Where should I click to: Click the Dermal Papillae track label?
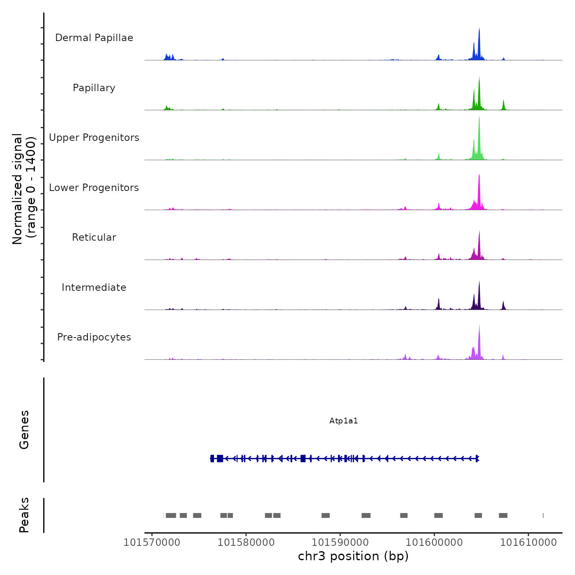[x=94, y=38]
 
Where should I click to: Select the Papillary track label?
[x=94, y=88]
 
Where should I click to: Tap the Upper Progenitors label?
[x=94, y=138]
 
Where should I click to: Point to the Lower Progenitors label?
[x=94, y=188]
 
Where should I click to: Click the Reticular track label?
[x=94, y=237]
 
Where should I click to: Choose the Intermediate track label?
[x=94, y=287]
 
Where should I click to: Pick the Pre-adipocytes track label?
[x=94, y=337]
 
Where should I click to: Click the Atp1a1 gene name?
[x=344, y=421]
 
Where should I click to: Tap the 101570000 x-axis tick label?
[x=152, y=543]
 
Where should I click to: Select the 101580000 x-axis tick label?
[x=246, y=543]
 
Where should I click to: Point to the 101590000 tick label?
[x=340, y=543]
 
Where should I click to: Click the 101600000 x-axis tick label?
[x=434, y=543]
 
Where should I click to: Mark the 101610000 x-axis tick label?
[x=528, y=543]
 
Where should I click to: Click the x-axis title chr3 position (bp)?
[x=353, y=556]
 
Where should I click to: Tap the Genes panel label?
[x=24, y=430]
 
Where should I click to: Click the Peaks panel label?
[x=24, y=515]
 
